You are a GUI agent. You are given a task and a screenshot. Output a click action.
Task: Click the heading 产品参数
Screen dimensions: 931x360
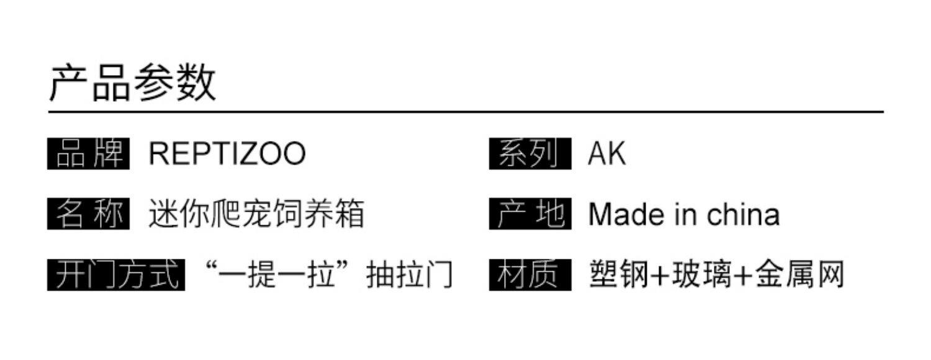pyautogui.click(x=133, y=83)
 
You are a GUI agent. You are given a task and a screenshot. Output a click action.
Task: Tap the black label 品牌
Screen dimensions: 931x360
pyautogui.click(x=89, y=154)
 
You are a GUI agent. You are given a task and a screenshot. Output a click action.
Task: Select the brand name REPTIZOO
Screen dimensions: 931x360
pyautogui.click(x=227, y=154)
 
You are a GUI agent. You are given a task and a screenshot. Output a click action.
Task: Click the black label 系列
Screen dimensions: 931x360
pyautogui.click(x=529, y=154)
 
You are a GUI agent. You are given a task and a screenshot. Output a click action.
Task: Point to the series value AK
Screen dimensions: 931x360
pyautogui.click(x=606, y=154)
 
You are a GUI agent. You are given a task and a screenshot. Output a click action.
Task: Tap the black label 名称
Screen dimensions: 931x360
pyautogui.click(x=89, y=214)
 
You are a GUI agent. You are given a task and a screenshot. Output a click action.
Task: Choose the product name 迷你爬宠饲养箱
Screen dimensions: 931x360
pyautogui.click(x=256, y=214)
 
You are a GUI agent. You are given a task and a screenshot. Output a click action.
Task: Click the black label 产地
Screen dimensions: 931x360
pyautogui.click(x=529, y=214)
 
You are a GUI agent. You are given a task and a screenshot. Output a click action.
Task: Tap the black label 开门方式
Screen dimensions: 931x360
pyautogui.click(x=116, y=274)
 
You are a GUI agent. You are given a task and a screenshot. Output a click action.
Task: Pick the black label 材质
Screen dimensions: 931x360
pyautogui.click(x=529, y=274)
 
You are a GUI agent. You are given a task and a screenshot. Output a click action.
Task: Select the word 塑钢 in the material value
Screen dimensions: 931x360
pyautogui.click(x=617, y=274)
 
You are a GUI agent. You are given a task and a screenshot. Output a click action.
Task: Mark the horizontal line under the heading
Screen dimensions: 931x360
pyautogui.click(x=465, y=112)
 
